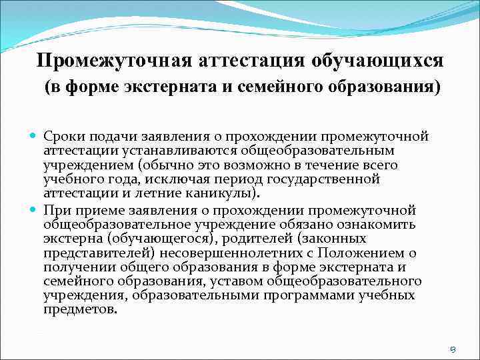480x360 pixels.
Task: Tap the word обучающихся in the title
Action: [377, 61]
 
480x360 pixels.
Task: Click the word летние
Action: [165, 194]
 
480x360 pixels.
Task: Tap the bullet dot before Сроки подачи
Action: [33, 137]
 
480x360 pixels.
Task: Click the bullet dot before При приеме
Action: [33, 209]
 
